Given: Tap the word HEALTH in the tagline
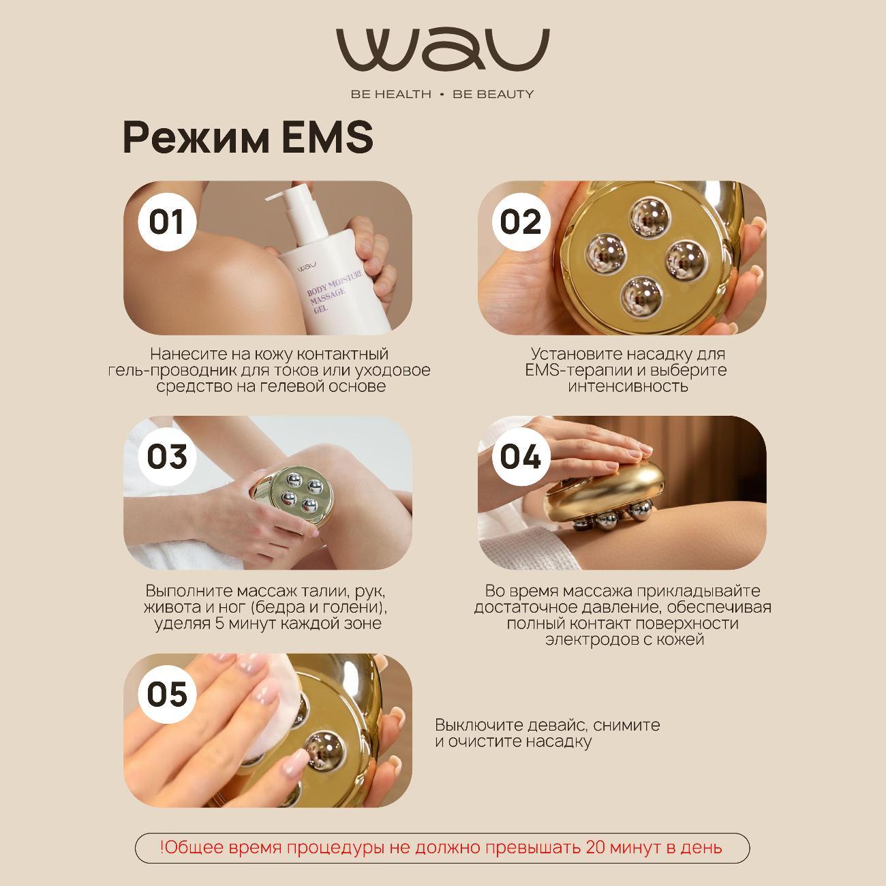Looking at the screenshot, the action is [403, 94].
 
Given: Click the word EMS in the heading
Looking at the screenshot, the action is [327, 137].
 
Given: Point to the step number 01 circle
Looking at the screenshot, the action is [167, 221].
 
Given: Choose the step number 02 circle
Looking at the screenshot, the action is [521, 221].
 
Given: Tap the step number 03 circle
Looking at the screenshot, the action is [167, 457].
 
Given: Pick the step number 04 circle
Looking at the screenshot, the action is [521, 457].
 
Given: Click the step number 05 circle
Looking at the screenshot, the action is [167, 694].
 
